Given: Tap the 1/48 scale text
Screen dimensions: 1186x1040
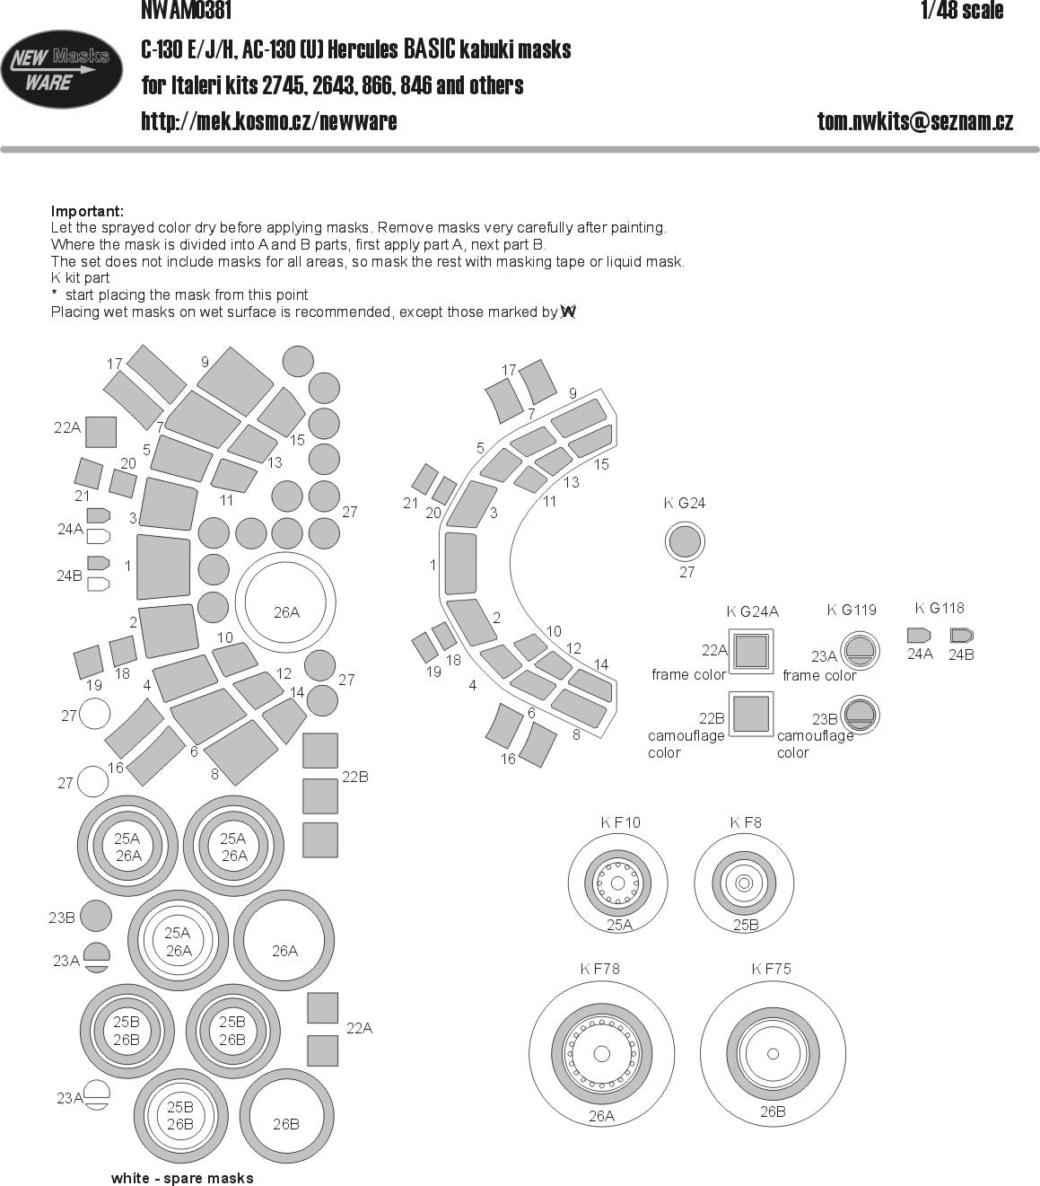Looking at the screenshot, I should (x=961, y=11).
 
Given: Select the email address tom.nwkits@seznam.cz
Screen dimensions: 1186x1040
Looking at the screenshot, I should (x=914, y=121).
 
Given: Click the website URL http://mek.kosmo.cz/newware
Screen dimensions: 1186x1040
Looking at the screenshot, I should (x=269, y=121).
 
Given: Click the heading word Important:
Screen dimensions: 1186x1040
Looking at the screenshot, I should (x=87, y=211).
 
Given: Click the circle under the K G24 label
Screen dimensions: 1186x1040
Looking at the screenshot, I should (x=686, y=542).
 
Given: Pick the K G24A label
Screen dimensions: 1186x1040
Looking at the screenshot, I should (x=752, y=611).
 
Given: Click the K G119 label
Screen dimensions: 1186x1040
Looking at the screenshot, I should (x=851, y=611).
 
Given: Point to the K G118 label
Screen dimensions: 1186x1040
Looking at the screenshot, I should (x=939, y=609).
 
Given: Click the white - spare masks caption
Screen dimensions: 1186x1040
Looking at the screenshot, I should (x=182, y=1178).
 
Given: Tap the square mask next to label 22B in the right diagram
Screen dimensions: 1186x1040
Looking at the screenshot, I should (x=751, y=715).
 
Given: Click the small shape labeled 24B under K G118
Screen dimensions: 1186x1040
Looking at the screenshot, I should (x=961, y=636).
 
